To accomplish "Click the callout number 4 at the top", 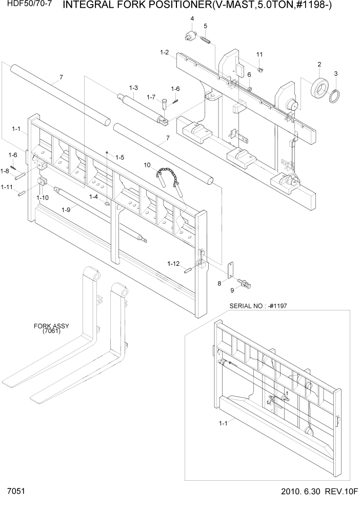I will click(x=192, y=19).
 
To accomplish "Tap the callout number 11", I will click(x=259, y=54).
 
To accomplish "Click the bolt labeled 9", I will click(x=246, y=282).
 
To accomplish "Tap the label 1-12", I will click(x=173, y=263).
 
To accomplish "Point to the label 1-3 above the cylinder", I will click(x=133, y=88).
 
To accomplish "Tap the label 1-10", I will click(x=43, y=197).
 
